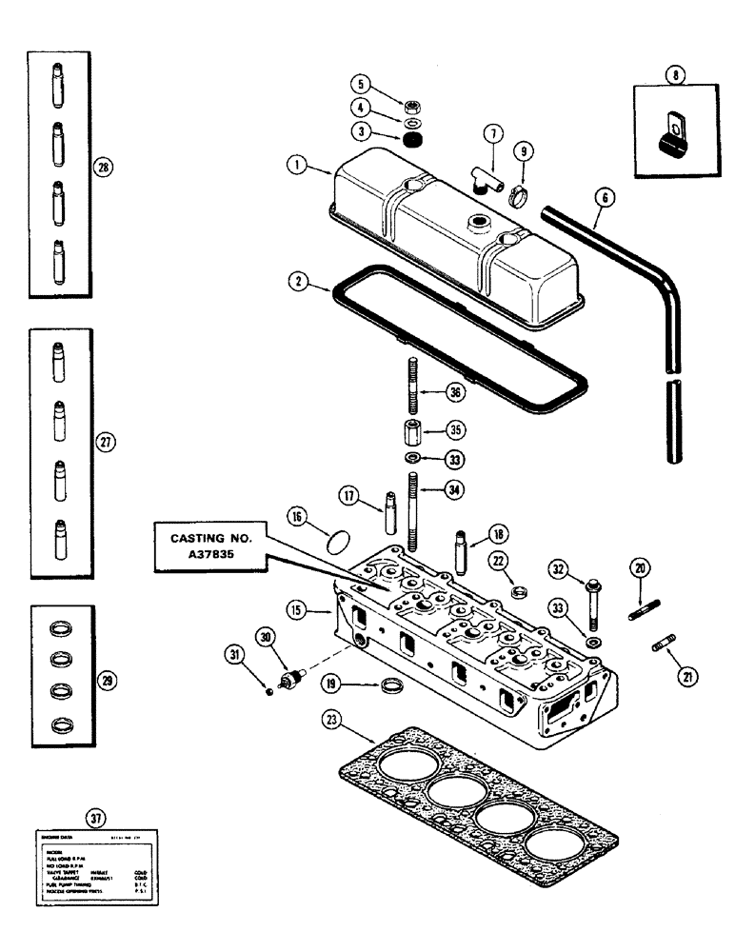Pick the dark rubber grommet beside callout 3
pos(413,141)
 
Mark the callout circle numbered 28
pos(104,168)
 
